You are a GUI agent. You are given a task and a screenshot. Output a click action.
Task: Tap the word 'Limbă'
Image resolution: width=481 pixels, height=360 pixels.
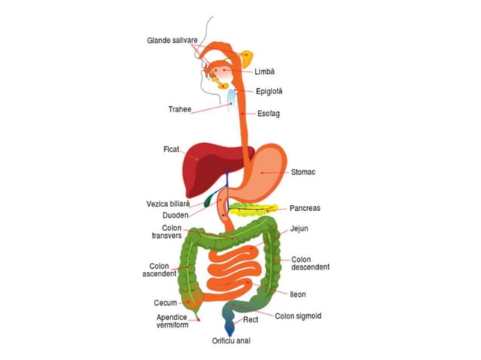tap(265, 72)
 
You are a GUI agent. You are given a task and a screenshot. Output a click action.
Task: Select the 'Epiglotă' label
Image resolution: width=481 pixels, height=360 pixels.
tap(269, 91)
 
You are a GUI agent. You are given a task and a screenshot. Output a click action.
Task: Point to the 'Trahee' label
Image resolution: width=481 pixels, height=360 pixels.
tap(179, 110)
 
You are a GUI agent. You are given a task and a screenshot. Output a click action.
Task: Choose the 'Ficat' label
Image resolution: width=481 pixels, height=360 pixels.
tap(171, 148)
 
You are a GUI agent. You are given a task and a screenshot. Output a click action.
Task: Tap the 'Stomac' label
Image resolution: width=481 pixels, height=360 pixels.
tap(303, 172)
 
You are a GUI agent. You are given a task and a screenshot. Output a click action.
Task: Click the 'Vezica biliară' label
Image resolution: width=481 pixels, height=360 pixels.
tap(173, 203)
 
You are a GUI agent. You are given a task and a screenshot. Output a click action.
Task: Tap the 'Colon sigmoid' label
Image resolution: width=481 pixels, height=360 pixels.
tap(299, 316)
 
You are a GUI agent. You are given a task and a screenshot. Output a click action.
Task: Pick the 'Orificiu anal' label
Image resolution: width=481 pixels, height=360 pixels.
tap(231, 340)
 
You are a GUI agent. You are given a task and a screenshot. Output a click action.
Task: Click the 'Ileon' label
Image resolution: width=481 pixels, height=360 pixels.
tap(298, 294)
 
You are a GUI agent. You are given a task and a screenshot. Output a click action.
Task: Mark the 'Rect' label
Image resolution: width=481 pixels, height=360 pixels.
tap(251, 320)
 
